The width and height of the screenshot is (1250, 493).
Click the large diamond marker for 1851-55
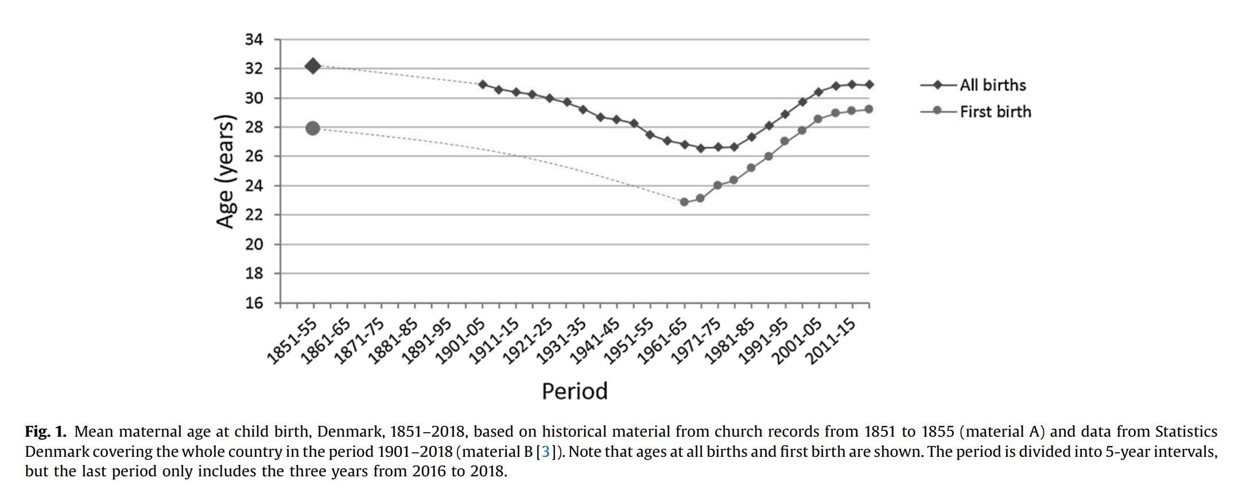pyautogui.click(x=313, y=66)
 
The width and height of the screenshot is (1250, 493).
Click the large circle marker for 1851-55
pyautogui.click(x=313, y=128)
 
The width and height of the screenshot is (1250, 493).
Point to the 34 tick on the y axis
pyautogui.click(x=254, y=40)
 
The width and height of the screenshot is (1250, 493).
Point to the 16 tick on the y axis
pyautogui.click(x=254, y=303)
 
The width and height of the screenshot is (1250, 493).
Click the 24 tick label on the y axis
pyautogui.click(x=254, y=186)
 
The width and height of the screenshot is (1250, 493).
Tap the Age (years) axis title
pyautogui.click(x=226, y=171)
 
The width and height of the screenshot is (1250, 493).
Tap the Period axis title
pyautogui.click(x=574, y=391)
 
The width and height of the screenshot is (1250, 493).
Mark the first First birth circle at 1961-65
pyautogui.click(x=684, y=202)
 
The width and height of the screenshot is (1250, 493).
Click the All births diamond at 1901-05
pyautogui.click(x=483, y=84)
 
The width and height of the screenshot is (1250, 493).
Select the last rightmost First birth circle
pyautogui.click(x=868, y=109)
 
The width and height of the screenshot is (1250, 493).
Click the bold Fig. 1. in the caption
pyautogui.click(x=46, y=432)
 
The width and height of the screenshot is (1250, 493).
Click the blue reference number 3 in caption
pyautogui.click(x=545, y=452)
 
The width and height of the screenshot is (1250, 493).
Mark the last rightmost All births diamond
pyautogui.click(x=869, y=84)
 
